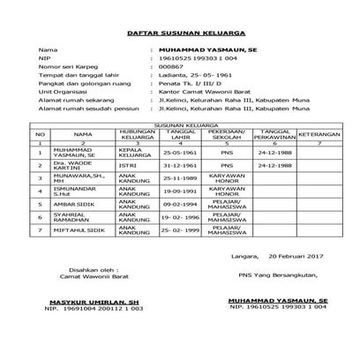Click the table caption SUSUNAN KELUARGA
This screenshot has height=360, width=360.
pyautogui.click(x=180, y=126)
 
